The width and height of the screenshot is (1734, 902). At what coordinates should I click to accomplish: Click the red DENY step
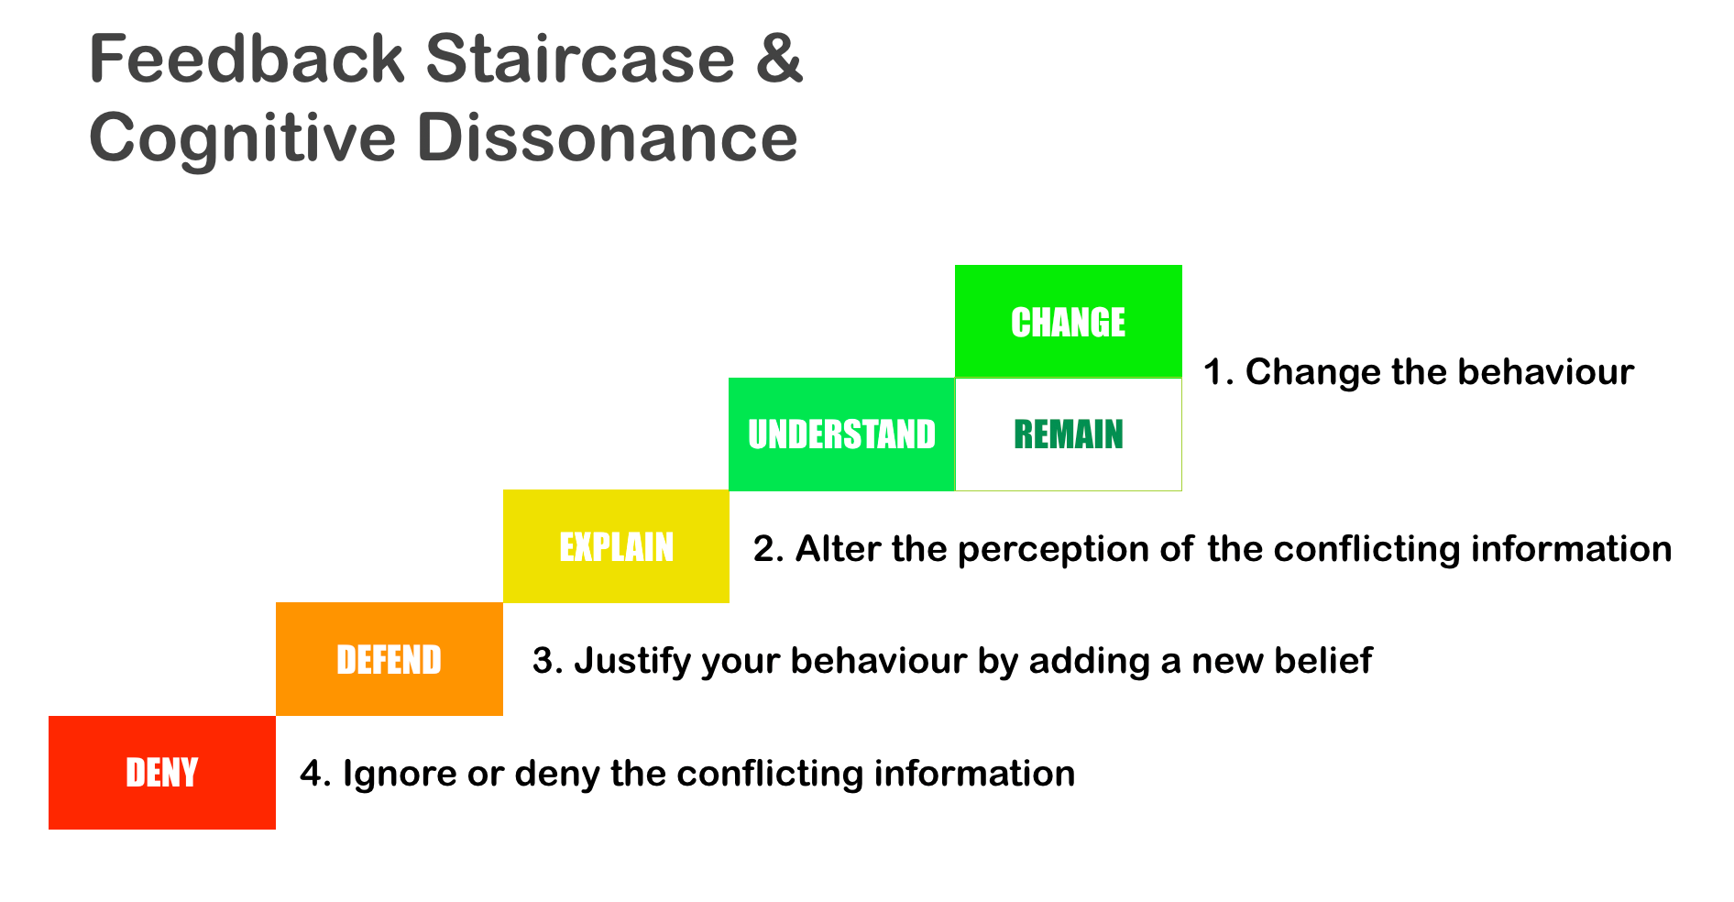(162, 773)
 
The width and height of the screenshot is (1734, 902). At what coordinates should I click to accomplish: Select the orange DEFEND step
(390, 659)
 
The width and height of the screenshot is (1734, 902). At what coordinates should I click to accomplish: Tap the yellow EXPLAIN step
(616, 546)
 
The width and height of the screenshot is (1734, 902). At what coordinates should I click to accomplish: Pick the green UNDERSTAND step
(842, 434)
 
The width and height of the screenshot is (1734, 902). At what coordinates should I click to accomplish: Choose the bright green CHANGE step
(1069, 322)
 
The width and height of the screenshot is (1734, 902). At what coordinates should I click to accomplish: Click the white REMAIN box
(1069, 434)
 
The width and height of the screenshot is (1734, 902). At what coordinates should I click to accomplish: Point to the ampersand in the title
(780, 59)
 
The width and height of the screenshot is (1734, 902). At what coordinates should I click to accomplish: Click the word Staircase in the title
(580, 59)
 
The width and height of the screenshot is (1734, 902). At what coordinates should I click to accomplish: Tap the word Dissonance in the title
(608, 137)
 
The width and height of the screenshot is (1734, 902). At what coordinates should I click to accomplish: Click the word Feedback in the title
(247, 59)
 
